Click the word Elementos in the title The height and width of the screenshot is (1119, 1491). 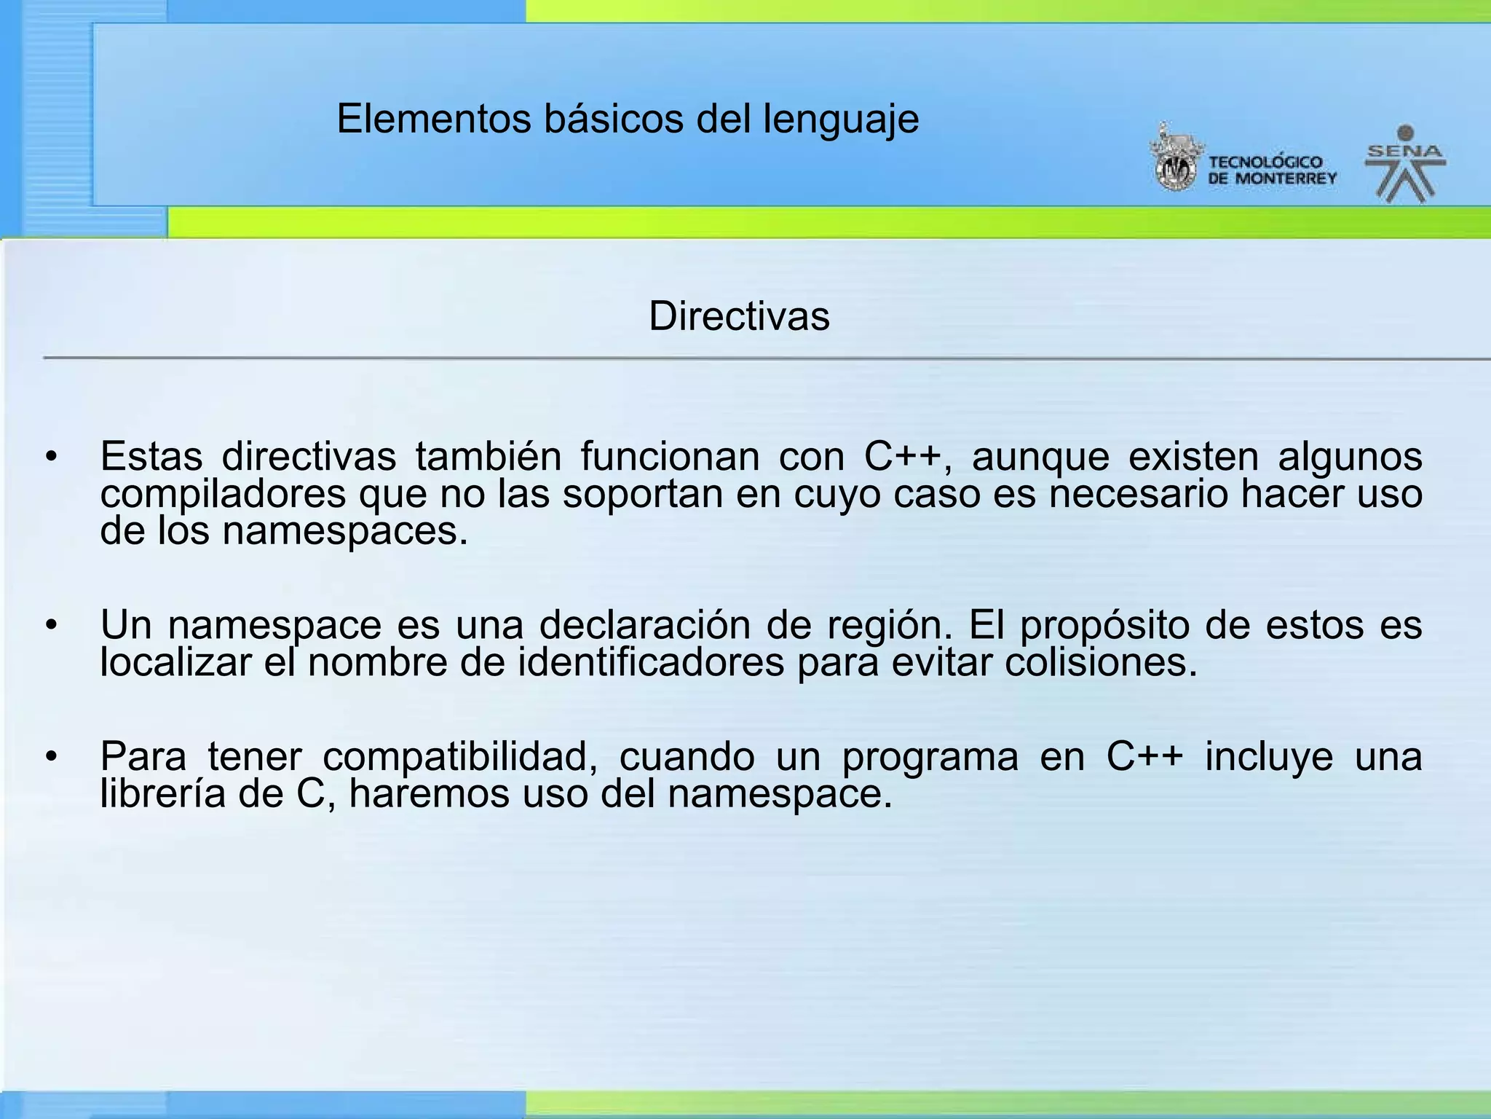pyautogui.click(x=434, y=119)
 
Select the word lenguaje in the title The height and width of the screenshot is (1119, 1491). pyautogui.click(x=841, y=120)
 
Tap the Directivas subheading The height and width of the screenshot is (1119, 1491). pyautogui.click(x=739, y=316)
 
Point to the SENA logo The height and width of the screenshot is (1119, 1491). pyautogui.click(x=1404, y=164)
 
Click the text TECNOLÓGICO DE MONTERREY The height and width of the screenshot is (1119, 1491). pyautogui.click(x=1272, y=170)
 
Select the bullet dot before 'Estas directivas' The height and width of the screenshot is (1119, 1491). pyautogui.click(x=50, y=458)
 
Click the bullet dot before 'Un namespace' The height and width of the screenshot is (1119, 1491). pyautogui.click(x=50, y=625)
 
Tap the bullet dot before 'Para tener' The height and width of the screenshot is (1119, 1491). pyautogui.click(x=50, y=757)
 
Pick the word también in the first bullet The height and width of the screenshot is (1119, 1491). pyautogui.click(x=489, y=457)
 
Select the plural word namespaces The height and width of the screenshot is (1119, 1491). pyautogui.click(x=345, y=531)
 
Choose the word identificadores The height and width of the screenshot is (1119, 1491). pyautogui.click(x=651, y=663)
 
